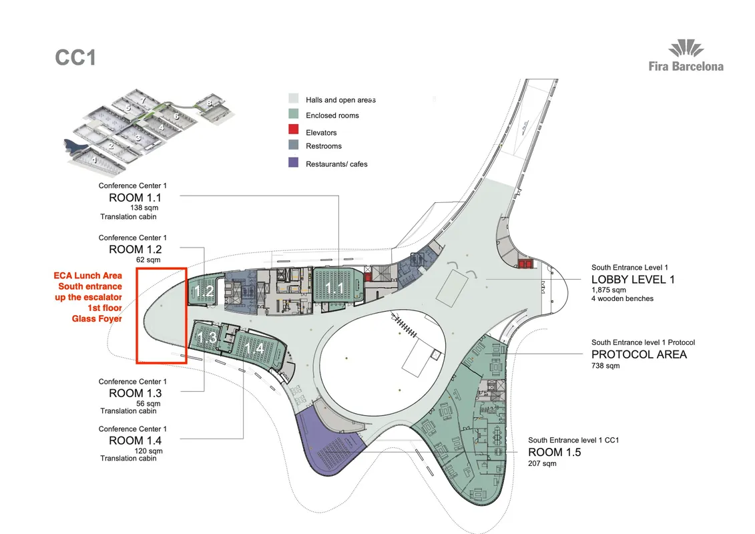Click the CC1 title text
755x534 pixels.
click(x=75, y=58)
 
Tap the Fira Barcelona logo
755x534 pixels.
click(x=686, y=56)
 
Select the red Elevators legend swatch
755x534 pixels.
click(x=293, y=129)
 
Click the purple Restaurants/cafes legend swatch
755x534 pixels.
click(x=293, y=162)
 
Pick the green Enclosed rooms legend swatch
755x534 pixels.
click(x=293, y=114)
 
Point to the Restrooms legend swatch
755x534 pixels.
click(x=293, y=144)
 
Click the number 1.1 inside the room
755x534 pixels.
click(x=334, y=289)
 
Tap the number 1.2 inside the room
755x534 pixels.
click(x=204, y=291)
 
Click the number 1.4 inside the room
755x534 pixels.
click(x=253, y=348)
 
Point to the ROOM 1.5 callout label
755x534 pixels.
click(x=555, y=452)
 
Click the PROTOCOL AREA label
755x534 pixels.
click(x=639, y=354)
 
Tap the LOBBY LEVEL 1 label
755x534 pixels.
click(x=633, y=279)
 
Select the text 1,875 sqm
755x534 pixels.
click(x=609, y=290)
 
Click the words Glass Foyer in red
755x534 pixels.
click(x=97, y=319)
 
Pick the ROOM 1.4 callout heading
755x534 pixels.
click(x=136, y=441)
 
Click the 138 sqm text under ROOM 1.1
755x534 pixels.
click(x=144, y=208)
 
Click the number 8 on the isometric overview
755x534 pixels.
click(x=209, y=103)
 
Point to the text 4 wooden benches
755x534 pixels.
click(x=623, y=298)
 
